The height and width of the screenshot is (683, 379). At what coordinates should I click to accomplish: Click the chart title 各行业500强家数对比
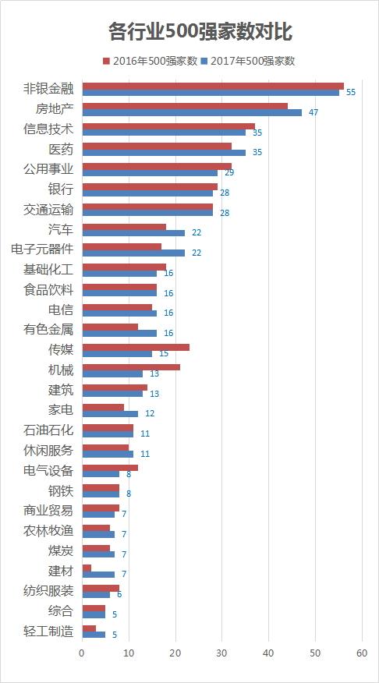pos(200,32)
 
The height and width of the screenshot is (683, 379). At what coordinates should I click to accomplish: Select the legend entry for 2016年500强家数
pos(151,61)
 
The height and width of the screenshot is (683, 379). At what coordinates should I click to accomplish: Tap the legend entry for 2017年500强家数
pos(248,61)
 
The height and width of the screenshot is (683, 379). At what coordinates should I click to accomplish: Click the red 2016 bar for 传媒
pos(136,347)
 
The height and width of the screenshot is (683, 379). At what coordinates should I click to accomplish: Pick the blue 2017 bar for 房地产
pos(192,112)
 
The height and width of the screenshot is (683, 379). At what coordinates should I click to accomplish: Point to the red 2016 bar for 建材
pos(87,568)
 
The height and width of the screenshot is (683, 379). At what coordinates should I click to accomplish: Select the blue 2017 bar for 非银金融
pos(211,92)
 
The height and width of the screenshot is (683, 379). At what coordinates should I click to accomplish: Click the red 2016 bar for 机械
pos(131,367)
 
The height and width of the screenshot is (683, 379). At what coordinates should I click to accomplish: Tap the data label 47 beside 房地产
pos(313,112)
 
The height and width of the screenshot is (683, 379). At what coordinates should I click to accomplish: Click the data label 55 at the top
pos(351,92)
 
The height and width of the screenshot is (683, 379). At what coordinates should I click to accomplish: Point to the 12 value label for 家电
pos(150,413)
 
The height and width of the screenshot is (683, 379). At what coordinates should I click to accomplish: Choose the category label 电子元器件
pos(42,249)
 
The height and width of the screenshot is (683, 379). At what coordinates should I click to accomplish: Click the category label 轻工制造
pos(48,632)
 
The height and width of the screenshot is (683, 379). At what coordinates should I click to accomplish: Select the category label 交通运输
pos(48,210)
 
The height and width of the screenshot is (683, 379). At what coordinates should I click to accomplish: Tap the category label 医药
pos(61,150)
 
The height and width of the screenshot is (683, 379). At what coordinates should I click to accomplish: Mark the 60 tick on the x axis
pos(362,653)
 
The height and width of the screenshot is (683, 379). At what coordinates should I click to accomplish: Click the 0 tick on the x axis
pos(82,653)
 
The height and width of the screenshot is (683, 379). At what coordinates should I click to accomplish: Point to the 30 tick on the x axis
pos(222,653)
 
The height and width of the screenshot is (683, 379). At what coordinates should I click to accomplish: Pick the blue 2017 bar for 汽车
pos(133,232)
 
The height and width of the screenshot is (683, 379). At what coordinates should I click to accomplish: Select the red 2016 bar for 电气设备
pos(110,467)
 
